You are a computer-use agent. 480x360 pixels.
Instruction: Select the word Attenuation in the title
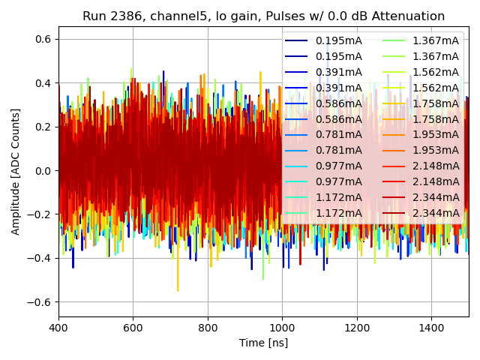[409, 16]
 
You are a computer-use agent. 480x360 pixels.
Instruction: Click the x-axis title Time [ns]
[263, 343]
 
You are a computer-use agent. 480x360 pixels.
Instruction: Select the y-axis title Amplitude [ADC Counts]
[16, 172]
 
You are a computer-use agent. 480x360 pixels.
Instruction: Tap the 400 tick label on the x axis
[58, 328]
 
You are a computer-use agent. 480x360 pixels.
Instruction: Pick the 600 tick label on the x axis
[133, 328]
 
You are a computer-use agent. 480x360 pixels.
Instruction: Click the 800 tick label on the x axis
[208, 328]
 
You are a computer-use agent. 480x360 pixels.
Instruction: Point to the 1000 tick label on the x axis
[282, 328]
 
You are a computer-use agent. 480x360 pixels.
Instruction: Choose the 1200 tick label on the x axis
[357, 328]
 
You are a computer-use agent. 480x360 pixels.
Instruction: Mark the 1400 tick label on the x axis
[431, 328]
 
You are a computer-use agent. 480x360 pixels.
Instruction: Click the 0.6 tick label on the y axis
[42, 39]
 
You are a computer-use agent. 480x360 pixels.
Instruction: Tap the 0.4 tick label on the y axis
[42, 83]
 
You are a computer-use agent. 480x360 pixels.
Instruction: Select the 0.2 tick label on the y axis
[42, 127]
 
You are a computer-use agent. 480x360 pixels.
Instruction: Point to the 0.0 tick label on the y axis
[42, 171]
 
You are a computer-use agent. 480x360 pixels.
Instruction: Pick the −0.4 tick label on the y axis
[39, 259]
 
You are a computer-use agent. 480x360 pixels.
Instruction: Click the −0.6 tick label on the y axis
[39, 302]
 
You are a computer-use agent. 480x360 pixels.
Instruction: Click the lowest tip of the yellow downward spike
[178, 291]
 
